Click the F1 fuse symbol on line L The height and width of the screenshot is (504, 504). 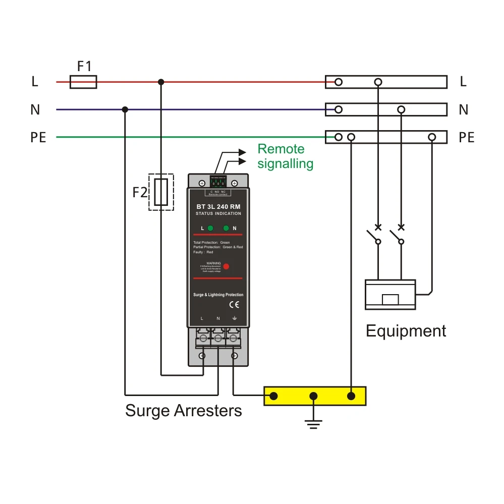tap(83, 82)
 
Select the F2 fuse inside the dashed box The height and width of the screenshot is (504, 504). tap(161, 192)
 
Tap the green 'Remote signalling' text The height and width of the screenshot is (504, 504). tap(285, 156)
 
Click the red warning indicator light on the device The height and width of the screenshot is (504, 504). tap(227, 266)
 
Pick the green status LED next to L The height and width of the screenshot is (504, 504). tap(210, 228)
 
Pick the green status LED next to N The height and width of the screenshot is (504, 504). tap(226, 228)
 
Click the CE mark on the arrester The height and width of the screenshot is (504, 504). tap(234, 304)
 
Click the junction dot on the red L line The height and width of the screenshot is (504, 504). tap(161, 82)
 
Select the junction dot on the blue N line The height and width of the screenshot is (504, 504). tap(125, 109)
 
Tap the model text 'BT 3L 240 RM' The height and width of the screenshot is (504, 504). tap(218, 207)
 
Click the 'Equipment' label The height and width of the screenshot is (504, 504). tap(406, 331)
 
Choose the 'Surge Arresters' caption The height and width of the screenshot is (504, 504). tap(184, 411)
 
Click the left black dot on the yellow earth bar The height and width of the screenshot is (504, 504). tap(273, 396)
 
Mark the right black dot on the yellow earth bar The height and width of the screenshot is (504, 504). tap(352, 396)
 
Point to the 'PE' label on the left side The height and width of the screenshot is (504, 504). tap(38, 137)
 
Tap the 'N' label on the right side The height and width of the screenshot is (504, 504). tap(463, 109)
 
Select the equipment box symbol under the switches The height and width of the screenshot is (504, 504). tap(390, 294)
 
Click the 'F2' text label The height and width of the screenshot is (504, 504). tap(140, 192)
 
